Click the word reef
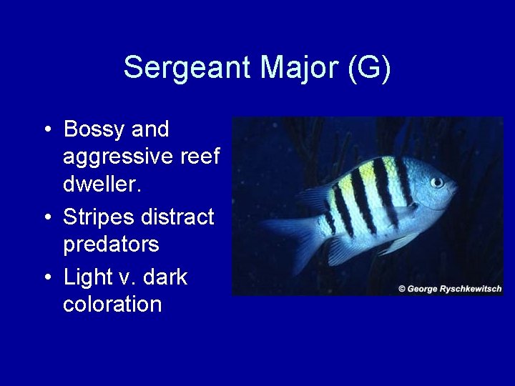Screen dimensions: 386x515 [x=199, y=157]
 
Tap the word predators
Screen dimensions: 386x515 [x=111, y=244]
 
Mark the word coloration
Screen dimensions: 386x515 [x=112, y=304]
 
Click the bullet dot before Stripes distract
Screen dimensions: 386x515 [x=46, y=217]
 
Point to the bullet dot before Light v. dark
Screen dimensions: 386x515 [x=46, y=276]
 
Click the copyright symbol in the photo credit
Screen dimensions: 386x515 [x=402, y=289]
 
